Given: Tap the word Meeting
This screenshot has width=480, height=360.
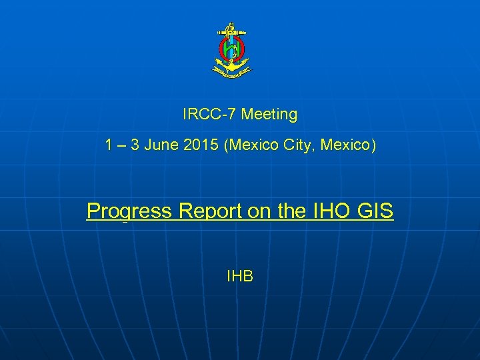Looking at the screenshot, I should tap(269, 114).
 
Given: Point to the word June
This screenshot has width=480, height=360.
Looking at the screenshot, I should tap(167, 145).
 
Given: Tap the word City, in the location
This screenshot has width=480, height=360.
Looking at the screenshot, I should tap(299, 145).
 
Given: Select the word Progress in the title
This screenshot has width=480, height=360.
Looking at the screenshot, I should tap(129, 211).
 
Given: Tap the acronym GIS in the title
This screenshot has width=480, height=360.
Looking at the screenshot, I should tap(376, 211).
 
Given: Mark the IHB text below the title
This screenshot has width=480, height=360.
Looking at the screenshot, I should tap(240, 275).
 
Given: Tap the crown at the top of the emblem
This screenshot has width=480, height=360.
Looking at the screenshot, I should tap(231, 27).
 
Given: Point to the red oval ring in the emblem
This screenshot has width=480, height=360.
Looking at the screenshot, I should tap(221, 49).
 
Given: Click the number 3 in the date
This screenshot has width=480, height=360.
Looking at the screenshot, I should tap(136, 145).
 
